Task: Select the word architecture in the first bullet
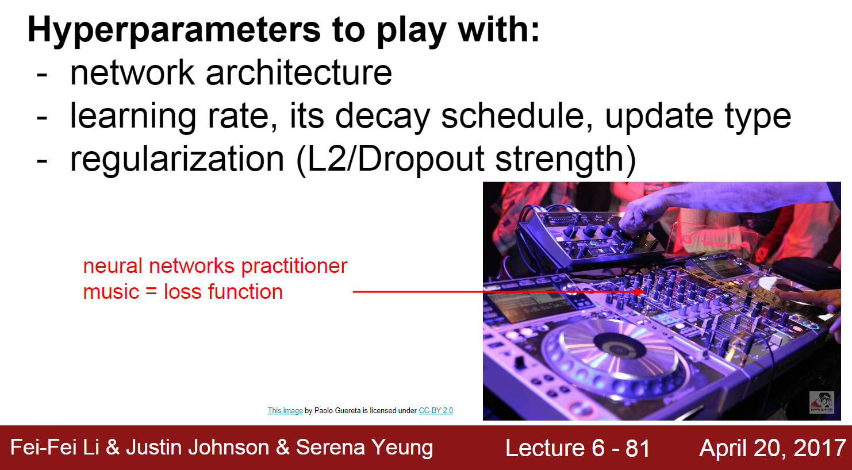point(298,73)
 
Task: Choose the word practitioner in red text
point(294,266)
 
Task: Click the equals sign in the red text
point(151,292)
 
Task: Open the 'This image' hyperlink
point(285,411)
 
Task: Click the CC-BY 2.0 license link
point(435,411)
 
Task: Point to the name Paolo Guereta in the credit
point(337,411)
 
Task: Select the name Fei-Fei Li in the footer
point(55,448)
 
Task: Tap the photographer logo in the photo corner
point(821,402)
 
